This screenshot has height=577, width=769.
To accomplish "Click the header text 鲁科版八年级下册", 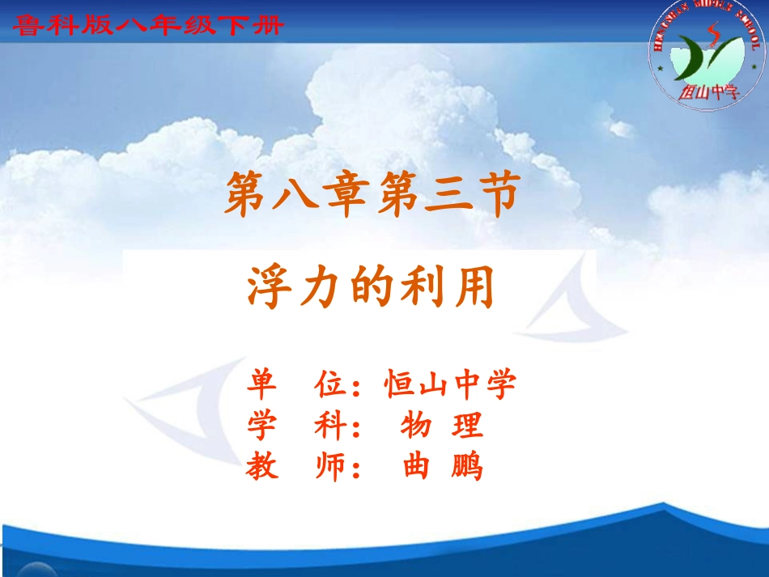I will [148, 27].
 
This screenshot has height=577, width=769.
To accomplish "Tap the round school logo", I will [707, 56].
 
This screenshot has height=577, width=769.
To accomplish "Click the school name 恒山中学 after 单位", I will [450, 384].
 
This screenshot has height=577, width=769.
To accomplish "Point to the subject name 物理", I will [441, 426].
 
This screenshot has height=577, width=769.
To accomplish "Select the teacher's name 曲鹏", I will [442, 467].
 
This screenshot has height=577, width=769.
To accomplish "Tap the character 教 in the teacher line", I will [263, 467].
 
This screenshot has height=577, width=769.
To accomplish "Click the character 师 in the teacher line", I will [330, 467].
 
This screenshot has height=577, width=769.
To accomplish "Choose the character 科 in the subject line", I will [330, 426].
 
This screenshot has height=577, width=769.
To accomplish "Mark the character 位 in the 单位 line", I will [330, 384].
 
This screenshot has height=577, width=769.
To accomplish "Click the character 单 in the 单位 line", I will [263, 384].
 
